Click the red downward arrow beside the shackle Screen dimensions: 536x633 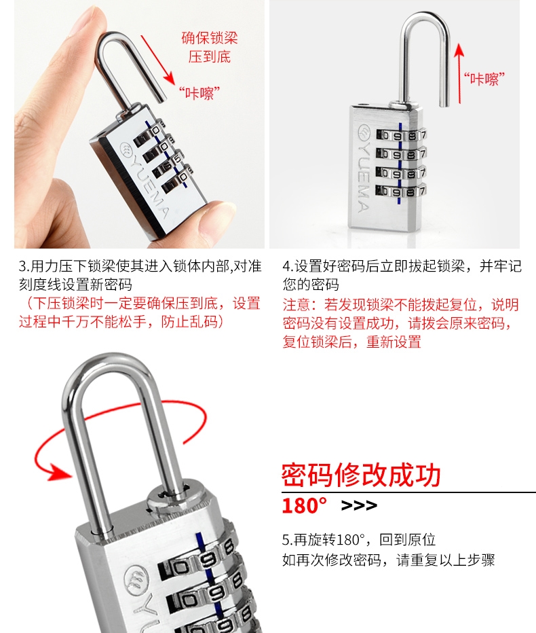tap(157, 60)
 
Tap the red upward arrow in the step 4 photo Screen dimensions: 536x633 tap(459, 73)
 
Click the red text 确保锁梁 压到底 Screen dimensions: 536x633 tap(210, 48)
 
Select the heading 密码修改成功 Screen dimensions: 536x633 tap(361, 475)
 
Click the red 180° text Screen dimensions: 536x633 tap(305, 505)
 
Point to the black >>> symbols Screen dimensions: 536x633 tap(359, 505)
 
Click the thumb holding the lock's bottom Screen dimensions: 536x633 tap(216, 218)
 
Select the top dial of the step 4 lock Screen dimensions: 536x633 tap(401, 135)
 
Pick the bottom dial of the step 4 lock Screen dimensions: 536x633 tap(401, 191)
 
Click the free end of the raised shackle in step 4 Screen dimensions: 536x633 tap(444, 104)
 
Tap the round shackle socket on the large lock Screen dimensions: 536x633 tap(170, 495)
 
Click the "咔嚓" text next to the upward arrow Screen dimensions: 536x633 tap(484, 79)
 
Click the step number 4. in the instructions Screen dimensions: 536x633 tap(288, 266)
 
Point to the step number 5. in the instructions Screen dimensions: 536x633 tap(288, 540)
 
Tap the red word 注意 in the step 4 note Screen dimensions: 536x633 tap(296, 304)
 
